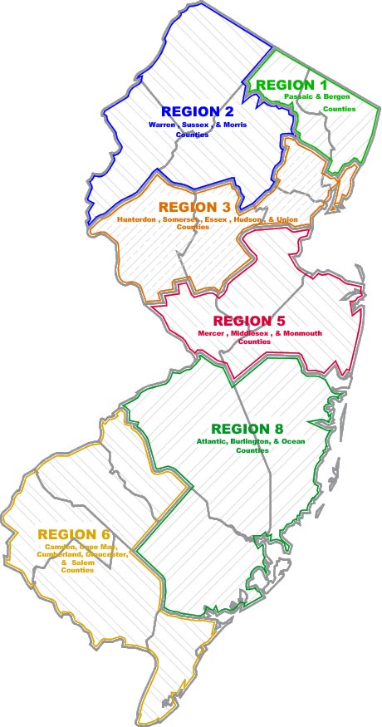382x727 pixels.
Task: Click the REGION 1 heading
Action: [x=291, y=85]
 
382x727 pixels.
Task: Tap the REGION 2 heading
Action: [x=197, y=111]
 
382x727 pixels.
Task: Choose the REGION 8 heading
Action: [x=246, y=428]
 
